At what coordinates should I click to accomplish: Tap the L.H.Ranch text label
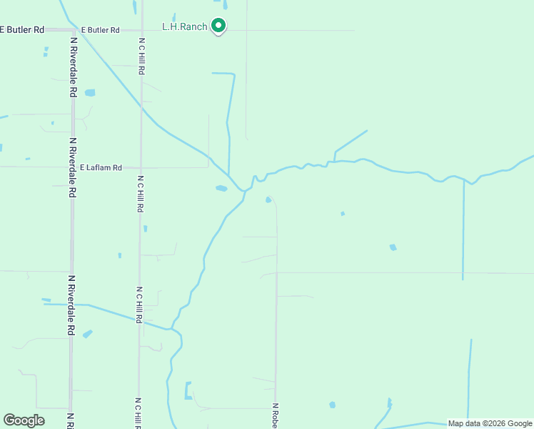[x=185, y=27]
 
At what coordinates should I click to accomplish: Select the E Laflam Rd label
[x=101, y=167]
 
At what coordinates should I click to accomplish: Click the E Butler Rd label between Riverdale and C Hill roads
[x=100, y=30]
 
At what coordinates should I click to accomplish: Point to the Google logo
[x=24, y=420]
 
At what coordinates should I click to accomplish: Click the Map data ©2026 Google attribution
[x=490, y=423]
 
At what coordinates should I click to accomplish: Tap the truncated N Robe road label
[x=275, y=415]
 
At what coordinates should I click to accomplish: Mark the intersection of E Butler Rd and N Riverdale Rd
[x=72, y=30]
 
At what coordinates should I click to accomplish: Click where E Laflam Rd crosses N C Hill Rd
[x=141, y=167]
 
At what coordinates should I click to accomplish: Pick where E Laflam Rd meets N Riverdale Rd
[x=72, y=167]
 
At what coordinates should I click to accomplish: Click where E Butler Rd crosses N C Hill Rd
[x=141, y=30]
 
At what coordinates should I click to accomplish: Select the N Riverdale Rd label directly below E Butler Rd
[x=73, y=66]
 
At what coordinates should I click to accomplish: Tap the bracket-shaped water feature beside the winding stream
[x=188, y=390]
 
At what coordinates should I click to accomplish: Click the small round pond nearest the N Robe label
[x=332, y=405]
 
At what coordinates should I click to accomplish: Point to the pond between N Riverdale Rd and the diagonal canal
[x=90, y=93]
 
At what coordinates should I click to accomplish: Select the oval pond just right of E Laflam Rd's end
[x=221, y=189]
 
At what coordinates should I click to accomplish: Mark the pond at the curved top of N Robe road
[x=268, y=199]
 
